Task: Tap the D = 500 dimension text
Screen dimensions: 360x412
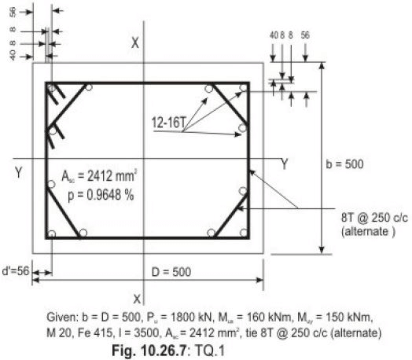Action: (170, 272)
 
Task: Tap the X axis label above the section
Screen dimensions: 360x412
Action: (135, 43)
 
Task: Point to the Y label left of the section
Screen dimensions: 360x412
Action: (18, 172)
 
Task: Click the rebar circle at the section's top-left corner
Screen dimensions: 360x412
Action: (52, 87)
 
